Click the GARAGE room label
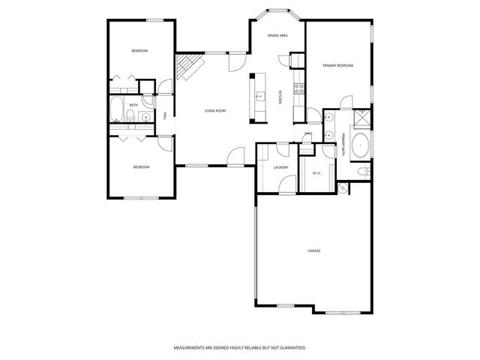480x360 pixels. coord(313,250)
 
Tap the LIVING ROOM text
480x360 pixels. coord(215,111)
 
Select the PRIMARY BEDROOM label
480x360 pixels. coord(337,66)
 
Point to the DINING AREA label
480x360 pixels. coord(278,35)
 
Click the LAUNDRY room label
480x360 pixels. coord(281,167)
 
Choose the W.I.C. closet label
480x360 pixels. coord(316,174)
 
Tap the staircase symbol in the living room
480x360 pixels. coord(188,68)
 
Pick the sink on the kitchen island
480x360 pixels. coord(259,96)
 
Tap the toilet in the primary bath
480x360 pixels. coord(361,173)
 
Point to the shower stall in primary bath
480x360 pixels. coord(361,116)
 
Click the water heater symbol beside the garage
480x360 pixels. coord(342,188)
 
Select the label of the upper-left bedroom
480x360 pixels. coord(139,50)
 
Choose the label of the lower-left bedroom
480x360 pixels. coord(141,166)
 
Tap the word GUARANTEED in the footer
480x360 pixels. coord(290,348)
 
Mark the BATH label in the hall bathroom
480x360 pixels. coord(133,105)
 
